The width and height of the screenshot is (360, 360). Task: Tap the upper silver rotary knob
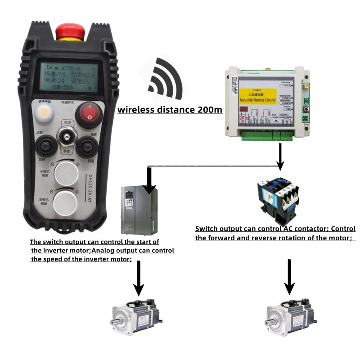pos(67,173)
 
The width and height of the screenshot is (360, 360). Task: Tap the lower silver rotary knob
pos(67,200)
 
